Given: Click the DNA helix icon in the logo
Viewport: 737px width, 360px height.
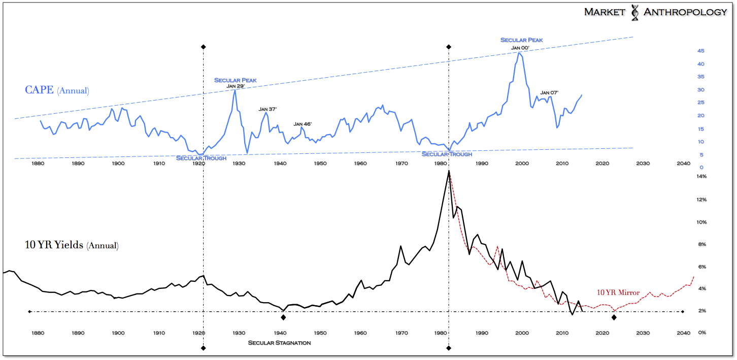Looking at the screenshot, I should click(634, 13).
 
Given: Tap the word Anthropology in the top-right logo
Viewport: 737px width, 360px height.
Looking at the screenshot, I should click(685, 12).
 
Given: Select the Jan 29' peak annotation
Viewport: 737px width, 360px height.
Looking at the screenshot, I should click(235, 86).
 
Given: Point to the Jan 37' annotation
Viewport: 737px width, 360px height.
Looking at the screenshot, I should click(267, 109).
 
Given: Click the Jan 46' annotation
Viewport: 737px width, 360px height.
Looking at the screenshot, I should click(303, 124).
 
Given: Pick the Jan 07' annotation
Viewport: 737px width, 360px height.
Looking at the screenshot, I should click(549, 92).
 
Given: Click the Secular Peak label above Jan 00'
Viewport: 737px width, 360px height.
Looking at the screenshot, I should click(522, 40).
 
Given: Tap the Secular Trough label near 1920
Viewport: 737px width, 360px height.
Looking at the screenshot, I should click(201, 158).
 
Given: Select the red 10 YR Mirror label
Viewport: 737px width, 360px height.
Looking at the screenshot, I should click(618, 292).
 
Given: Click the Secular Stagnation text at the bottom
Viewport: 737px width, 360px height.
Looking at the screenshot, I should click(279, 343).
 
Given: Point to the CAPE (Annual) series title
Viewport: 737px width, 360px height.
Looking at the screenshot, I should click(57, 91).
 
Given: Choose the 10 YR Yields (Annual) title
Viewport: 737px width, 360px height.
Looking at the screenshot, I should click(72, 246).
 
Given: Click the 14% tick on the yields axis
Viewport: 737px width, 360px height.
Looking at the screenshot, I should click(701, 176).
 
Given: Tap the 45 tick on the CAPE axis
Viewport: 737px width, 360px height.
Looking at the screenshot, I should click(700, 51).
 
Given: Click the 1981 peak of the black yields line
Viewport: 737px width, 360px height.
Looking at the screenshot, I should click(449, 171).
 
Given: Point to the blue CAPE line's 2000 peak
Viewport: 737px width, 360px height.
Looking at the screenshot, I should click(520, 53).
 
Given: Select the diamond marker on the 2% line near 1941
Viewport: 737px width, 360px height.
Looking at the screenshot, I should click(283, 317).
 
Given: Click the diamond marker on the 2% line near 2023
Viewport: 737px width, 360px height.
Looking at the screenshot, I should click(614, 317).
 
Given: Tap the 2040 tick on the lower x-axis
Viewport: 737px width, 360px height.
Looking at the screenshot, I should click(683, 333).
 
